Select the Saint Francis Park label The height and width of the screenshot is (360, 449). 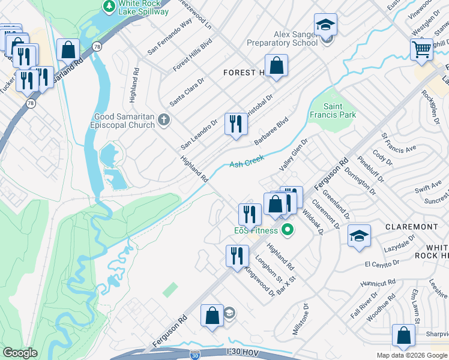(x=333, y=110)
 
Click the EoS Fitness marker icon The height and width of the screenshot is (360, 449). (x=288, y=230)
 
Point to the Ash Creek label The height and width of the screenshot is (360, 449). (x=247, y=161)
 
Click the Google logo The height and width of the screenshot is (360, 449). (x=20, y=353)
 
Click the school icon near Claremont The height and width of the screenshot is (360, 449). (x=359, y=235)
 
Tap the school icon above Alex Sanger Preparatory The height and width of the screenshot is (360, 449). (x=325, y=25)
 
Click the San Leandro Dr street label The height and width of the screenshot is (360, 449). (x=199, y=133)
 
